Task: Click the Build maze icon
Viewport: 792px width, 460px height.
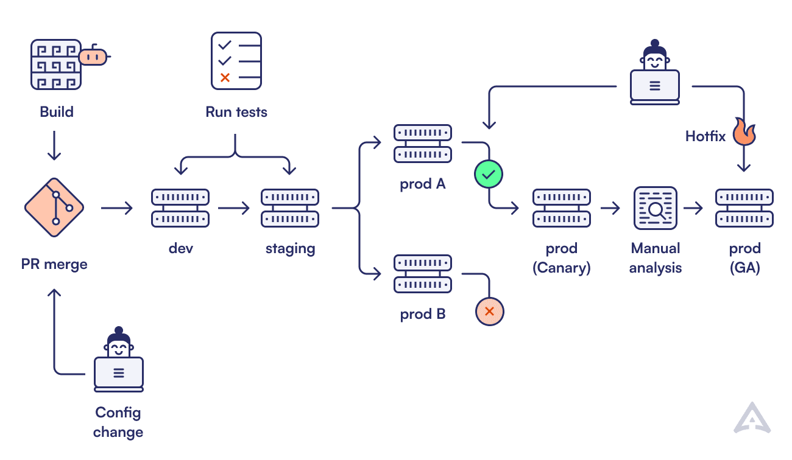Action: (56, 64)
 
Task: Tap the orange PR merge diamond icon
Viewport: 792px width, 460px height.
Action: (54, 208)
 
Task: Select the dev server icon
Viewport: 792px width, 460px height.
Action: (180, 208)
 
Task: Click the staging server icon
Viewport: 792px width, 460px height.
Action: (290, 208)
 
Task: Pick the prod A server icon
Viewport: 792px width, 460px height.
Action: (423, 144)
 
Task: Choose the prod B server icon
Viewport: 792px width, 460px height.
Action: (423, 274)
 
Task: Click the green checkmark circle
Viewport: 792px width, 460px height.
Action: (489, 175)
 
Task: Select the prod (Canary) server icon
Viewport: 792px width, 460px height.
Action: (561, 208)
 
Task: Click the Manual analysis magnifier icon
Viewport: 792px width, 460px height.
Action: (655, 208)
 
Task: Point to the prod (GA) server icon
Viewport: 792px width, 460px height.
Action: (744, 208)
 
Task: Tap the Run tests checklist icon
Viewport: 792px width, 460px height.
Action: (236, 61)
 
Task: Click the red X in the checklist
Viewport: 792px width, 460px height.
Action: (225, 77)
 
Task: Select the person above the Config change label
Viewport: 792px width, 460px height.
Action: (119, 360)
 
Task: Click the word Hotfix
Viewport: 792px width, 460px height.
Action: (705, 136)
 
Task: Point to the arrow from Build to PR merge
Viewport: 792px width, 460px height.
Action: (54, 145)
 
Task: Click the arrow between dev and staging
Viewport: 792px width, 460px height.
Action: (234, 209)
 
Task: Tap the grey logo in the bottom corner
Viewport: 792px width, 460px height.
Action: (752, 418)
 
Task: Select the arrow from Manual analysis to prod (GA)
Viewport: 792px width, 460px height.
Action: (693, 209)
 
